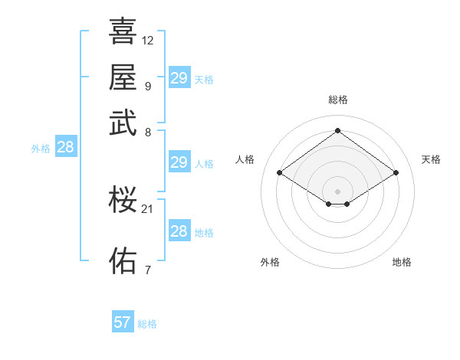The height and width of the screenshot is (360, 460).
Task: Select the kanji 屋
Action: [x=123, y=77]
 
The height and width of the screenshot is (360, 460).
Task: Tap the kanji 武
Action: [x=123, y=123]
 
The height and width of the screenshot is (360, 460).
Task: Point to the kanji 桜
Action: [x=123, y=200]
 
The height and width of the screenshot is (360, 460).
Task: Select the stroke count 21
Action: [x=148, y=208]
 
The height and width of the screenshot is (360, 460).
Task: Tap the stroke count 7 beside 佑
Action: [x=147, y=269]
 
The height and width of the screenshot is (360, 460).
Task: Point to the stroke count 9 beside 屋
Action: [x=147, y=85]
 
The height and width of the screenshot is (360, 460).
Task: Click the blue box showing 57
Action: [x=123, y=322]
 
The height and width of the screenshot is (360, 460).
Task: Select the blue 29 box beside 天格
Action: [x=179, y=78]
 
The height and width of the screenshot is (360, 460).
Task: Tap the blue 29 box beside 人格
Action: [x=179, y=162]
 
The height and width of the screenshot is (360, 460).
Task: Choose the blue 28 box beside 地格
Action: [x=179, y=231]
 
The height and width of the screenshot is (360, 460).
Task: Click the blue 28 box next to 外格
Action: [x=66, y=148]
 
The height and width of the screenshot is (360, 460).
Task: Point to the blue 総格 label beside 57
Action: [x=147, y=324]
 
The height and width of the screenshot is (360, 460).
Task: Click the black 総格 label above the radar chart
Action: [x=338, y=100]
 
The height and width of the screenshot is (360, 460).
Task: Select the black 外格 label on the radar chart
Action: [x=270, y=262]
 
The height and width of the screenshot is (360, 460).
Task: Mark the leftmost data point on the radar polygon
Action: [x=280, y=173]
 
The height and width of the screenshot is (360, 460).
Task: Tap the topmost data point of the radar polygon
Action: [x=338, y=131]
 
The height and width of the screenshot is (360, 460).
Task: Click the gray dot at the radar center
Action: [x=338, y=191]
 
